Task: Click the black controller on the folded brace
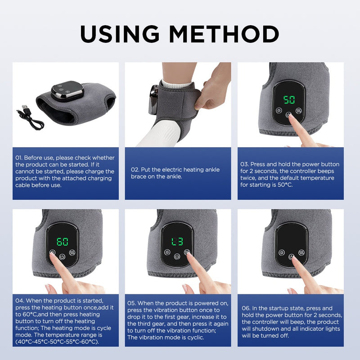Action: pyautogui.click(x=67, y=90)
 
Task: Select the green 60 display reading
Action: pyautogui.click(x=63, y=242)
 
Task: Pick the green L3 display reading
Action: pyautogui.click(x=177, y=242)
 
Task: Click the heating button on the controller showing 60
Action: pyautogui.click(x=53, y=253)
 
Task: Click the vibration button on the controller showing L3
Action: pyautogui.click(x=187, y=252)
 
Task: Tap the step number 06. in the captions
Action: pyautogui.click(x=247, y=308)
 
